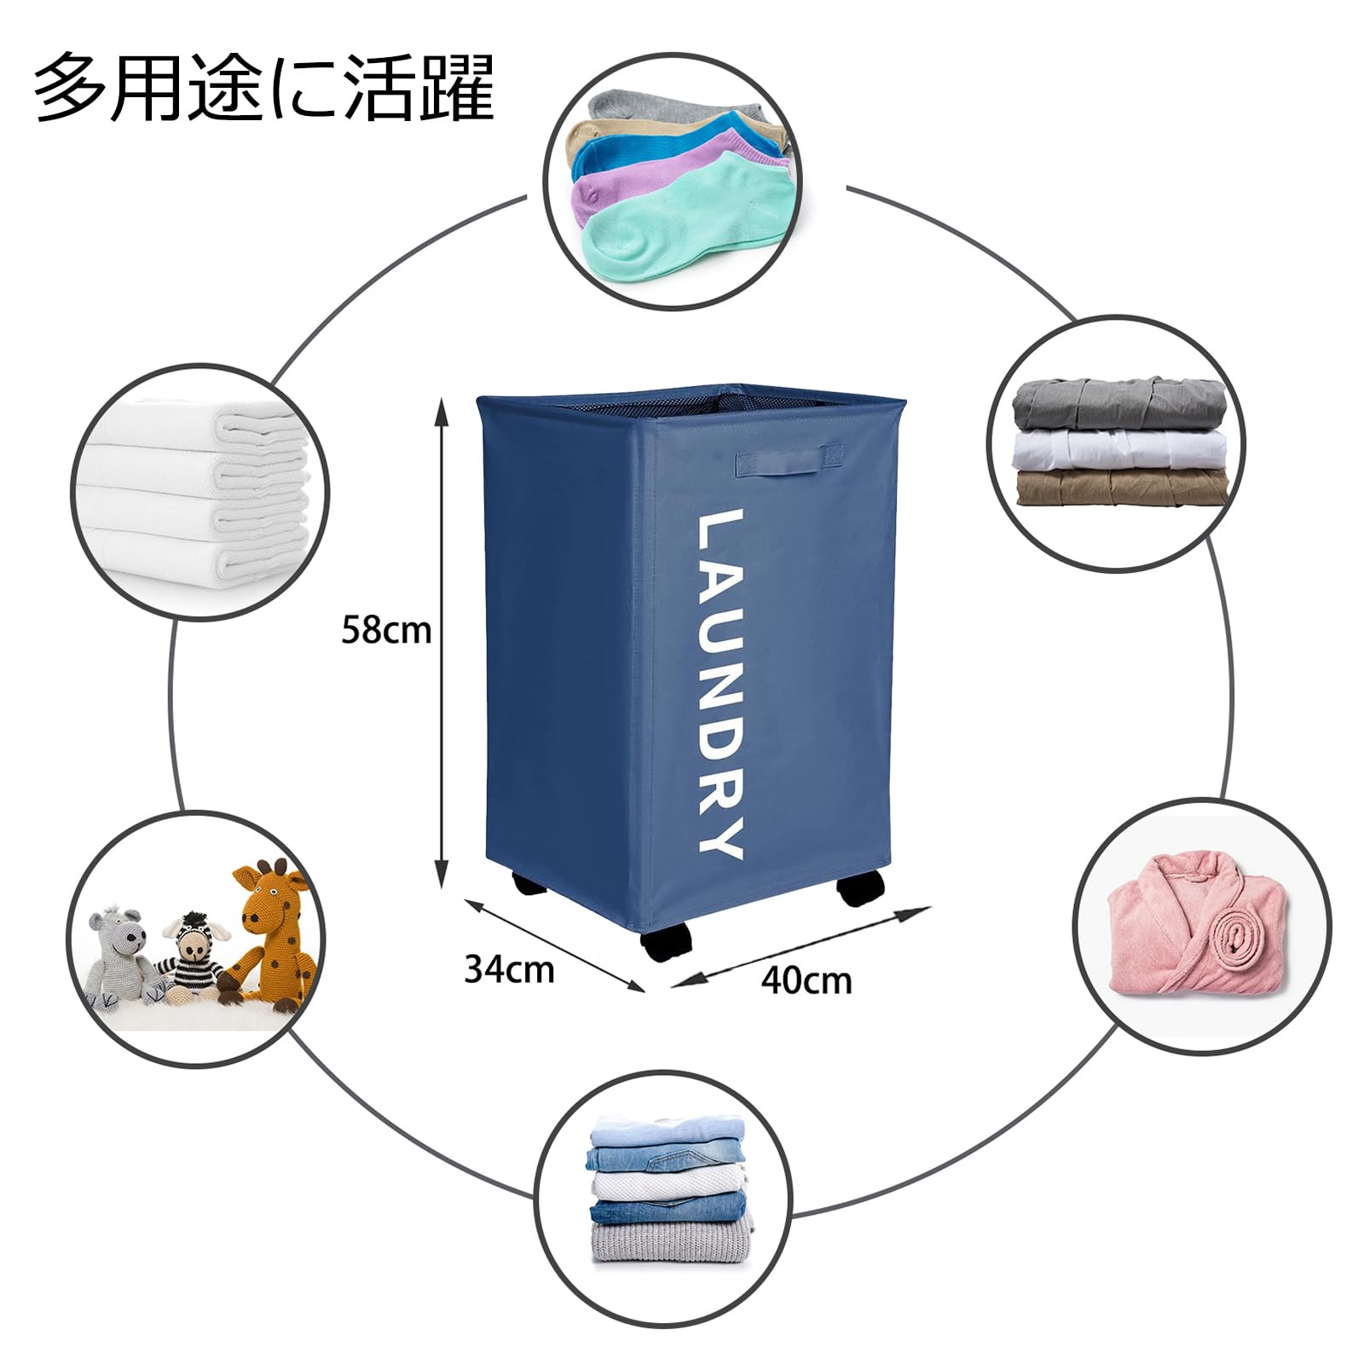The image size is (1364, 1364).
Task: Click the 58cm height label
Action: pos(386,632)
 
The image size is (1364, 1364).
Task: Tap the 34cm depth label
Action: pos(509,969)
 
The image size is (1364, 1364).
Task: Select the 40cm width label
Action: pos(806,980)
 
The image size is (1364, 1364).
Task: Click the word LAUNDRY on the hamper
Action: pos(720,683)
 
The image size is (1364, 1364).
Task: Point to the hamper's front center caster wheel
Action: pos(664,947)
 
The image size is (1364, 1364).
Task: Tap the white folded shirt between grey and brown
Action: pos(1119,447)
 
